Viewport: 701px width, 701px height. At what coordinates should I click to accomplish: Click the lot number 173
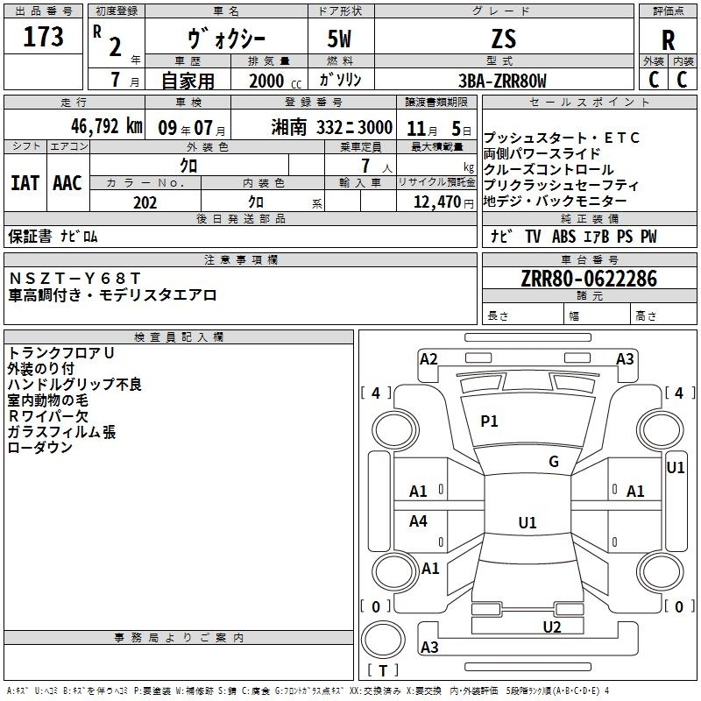[44, 37]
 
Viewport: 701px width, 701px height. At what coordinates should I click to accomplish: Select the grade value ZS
[504, 39]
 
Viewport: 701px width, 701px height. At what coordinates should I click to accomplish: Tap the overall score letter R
[669, 40]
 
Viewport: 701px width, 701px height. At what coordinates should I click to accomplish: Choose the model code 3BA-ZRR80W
[502, 81]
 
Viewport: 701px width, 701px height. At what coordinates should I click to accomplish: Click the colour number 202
[145, 202]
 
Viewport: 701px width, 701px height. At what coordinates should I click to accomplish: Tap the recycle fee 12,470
[436, 202]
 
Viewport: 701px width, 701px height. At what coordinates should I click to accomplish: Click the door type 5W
[341, 39]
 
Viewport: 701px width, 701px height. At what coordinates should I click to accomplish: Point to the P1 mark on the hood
[489, 421]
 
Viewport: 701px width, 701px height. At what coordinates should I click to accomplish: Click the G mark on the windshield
[554, 462]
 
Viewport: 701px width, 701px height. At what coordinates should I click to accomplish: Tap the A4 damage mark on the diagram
[419, 521]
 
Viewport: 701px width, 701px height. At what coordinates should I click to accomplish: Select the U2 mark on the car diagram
[552, 626]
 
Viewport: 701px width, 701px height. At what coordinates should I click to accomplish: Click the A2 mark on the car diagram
[428, 358]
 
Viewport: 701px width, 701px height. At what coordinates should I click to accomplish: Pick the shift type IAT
[25, 183]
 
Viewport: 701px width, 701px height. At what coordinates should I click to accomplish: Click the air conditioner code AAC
[67, 183]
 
